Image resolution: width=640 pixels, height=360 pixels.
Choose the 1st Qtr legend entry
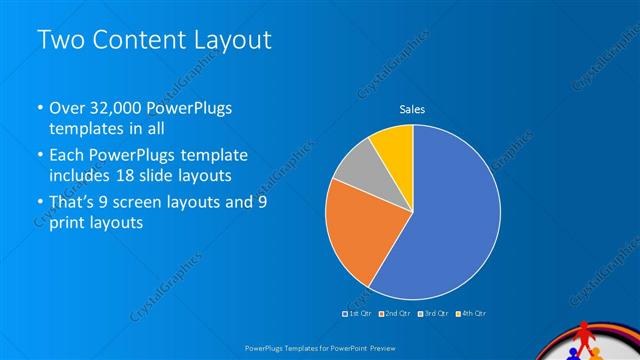click(358, 314)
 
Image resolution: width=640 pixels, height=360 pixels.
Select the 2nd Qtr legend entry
click(398, 314)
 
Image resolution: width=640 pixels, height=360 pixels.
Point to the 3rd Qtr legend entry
click(435, 314)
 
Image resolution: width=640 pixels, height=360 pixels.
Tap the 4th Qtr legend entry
click(472, 314)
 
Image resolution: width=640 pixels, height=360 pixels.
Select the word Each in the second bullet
click(68, 156)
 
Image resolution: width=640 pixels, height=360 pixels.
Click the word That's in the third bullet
click(75, 203)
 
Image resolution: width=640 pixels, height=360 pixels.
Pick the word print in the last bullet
click(68, 224)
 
